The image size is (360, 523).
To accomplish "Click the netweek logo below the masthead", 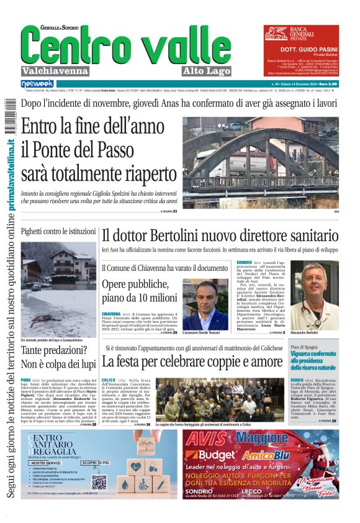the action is point(37,83).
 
